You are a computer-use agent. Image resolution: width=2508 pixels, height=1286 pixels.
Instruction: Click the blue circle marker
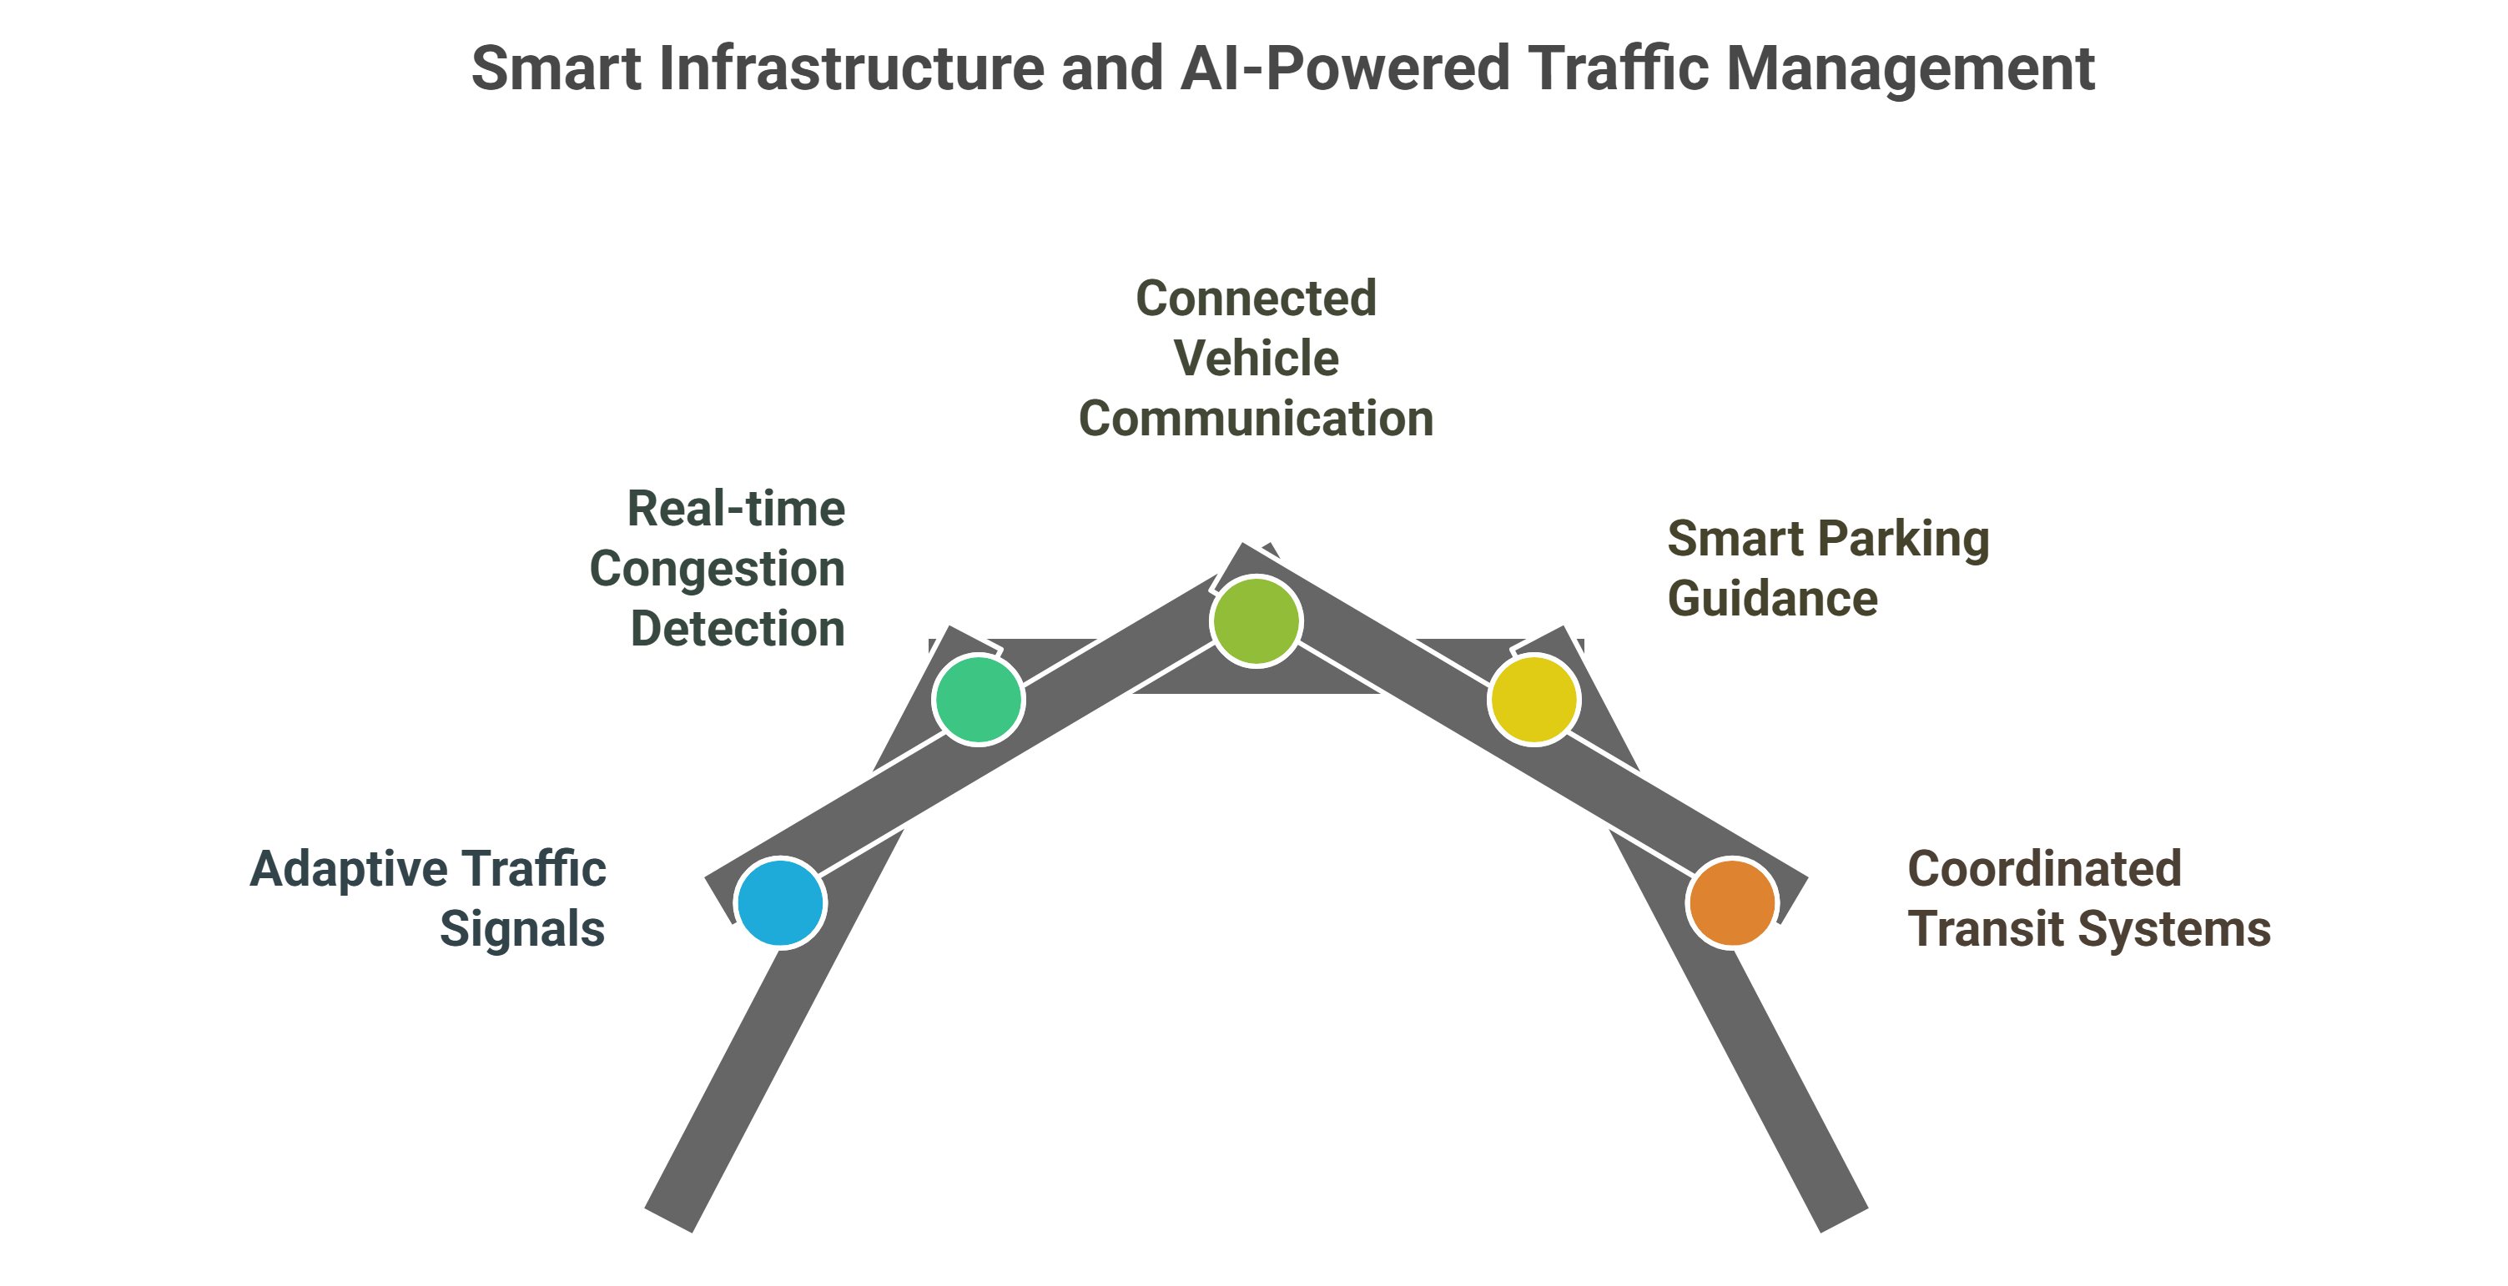(x=780, y=902)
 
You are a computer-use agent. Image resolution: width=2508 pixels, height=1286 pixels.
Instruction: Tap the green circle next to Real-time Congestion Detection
(x=978, y=699)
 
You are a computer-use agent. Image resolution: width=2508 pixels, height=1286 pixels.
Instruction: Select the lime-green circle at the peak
(x=1256, y=621)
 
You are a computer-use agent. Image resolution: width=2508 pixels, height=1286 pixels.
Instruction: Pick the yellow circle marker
(x=1534, y=699)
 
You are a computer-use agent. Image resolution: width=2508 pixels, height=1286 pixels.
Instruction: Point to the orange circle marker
(x=1732, y=902)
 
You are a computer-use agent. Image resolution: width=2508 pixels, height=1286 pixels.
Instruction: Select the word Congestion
(x=717, y=569)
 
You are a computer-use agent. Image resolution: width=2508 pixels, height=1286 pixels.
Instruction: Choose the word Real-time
(x=736, y=508)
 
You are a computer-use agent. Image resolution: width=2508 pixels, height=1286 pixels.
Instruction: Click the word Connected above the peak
(x=1256, y=298)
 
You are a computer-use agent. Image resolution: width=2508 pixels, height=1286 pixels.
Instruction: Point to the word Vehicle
(x=1256, y=359)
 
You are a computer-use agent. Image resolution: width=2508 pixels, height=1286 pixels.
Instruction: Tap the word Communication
(x=1256, y=419)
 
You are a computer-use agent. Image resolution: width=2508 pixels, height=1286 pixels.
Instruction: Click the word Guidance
(x=1772, y=599)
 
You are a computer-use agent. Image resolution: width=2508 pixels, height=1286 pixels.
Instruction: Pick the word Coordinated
(x=2043, y=868)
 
